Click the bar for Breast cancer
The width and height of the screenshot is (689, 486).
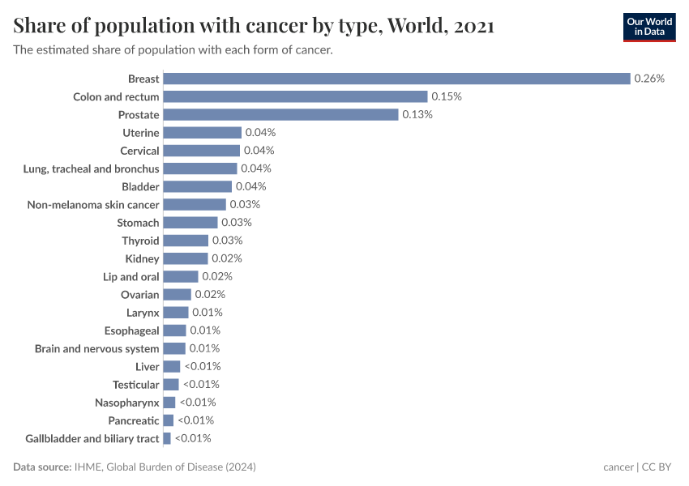click(x=396, y=79)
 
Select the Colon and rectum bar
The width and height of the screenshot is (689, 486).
click(x=295, y=96)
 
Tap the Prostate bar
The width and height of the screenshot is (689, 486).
click(x=280, y=114)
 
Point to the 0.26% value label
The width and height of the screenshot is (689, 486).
click(x=649, y=79)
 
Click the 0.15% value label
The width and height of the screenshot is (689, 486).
click(x=447, y=96)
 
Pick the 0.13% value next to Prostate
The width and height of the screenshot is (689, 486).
click(x=417, y=114)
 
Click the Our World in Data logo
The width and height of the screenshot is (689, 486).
click(x=649, y=27)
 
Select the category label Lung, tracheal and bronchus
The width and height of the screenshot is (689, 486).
click(x=92, y=168)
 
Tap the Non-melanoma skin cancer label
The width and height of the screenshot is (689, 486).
click(x=93, y=204)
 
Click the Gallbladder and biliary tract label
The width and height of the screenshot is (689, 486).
click(x=92, y=438)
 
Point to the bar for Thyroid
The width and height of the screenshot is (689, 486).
click(x=186, y=241)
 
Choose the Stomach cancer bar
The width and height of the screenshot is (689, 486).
click(x=190, y=223)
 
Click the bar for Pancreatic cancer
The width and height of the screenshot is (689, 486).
click(x=169, y=420)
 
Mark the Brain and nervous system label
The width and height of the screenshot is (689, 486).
click(x=97, y=348)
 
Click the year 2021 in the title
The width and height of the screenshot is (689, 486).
click(x=474, y=26)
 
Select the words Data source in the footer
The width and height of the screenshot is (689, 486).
click(x=42, y=467)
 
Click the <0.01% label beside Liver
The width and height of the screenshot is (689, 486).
click(x=202, y=366)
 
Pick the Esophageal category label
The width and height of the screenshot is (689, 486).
click(x=132, y=330)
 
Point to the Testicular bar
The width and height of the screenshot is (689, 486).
click(x=171, y=384)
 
